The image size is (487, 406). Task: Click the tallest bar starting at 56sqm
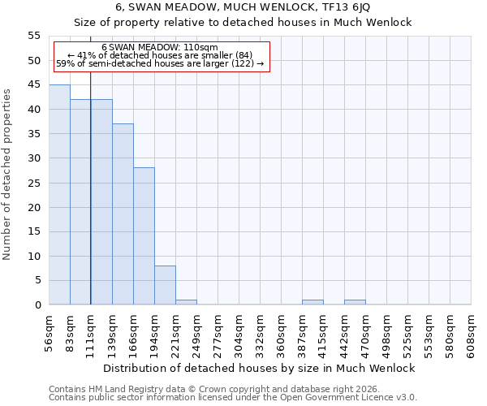point(59,195)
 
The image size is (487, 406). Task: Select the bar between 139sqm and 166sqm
point(123,214)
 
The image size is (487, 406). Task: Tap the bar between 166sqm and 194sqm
point(144,236)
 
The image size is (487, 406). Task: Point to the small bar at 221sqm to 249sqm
point(186,302)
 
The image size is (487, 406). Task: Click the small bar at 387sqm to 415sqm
point(312,302)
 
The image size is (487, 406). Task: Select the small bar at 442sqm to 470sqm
point(355,302)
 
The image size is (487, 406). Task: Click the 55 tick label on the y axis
point(34,36)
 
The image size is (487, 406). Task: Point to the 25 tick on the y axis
point(34,183)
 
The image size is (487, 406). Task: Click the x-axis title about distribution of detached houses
point(260,368)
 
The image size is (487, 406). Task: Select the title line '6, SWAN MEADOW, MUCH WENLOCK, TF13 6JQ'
point(243,6)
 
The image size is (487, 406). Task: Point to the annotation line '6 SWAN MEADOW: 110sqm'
point(160,48)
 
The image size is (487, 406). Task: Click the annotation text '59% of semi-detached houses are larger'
point(160,63)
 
